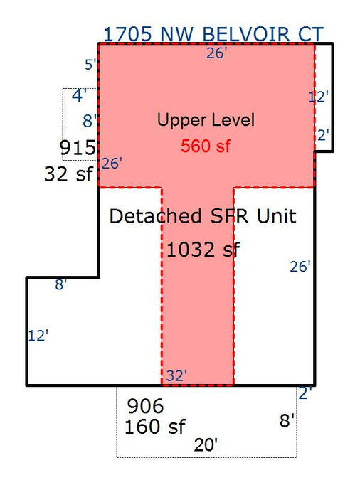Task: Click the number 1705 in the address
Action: point(128,34)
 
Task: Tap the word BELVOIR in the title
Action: point(246,34)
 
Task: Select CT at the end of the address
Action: point(311,34)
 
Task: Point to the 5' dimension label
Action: point(90,65)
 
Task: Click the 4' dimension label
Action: point(80,95)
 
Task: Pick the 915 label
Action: point(78,148)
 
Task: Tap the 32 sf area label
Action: point(68,174)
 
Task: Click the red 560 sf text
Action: point(206,146)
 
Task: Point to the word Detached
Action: point(155,216)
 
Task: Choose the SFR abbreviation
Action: point(229,216)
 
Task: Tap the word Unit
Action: point(276,216)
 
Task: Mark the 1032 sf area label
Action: point(203,250)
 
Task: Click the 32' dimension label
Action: point(176,375)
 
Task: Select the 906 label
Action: point(146,406)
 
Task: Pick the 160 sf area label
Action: point(154,427)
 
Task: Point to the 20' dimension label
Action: point(206,444)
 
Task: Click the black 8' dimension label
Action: point(287,420)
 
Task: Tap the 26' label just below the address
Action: point(217,53)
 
